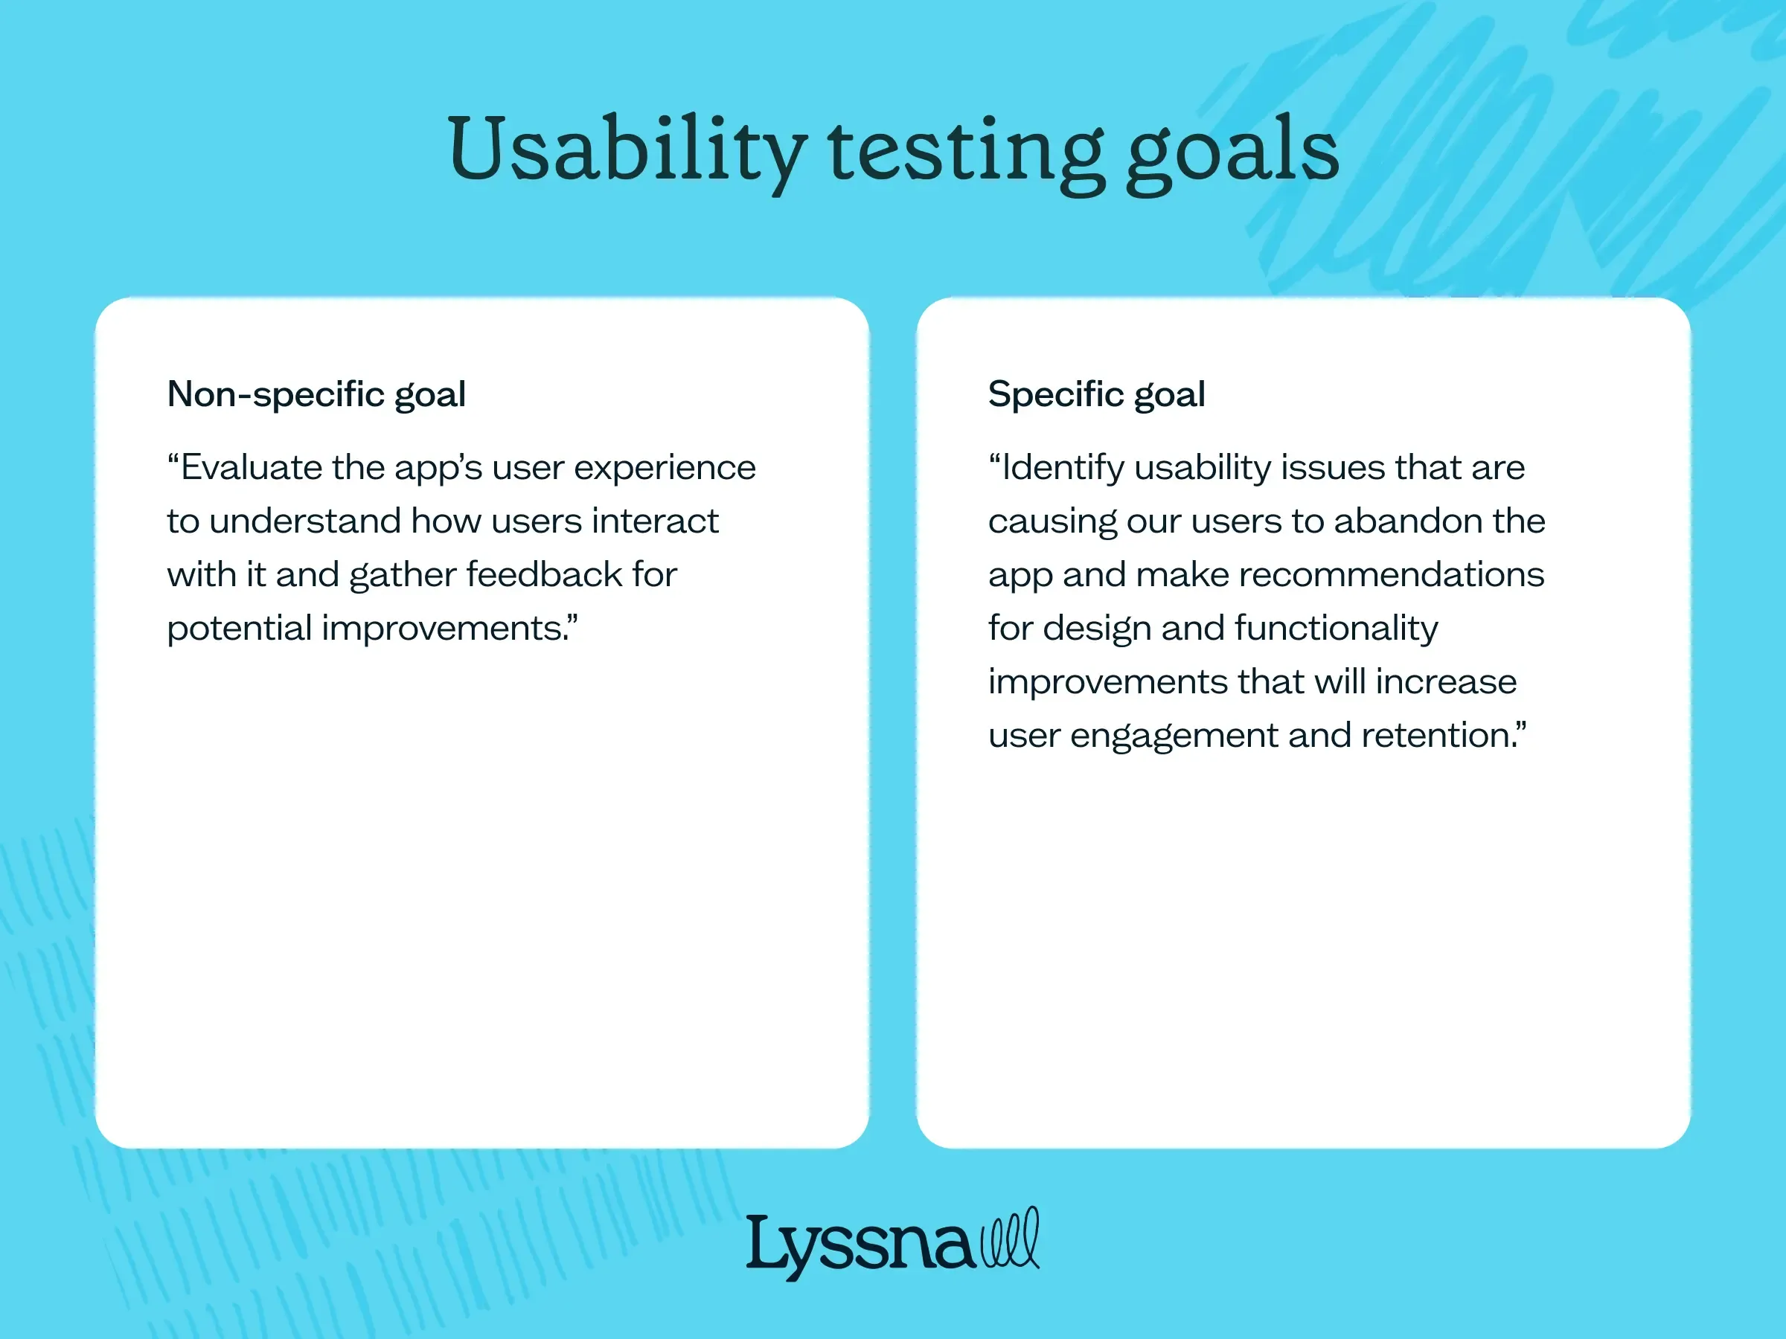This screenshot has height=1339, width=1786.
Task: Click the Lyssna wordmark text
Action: (x=860, y=1245)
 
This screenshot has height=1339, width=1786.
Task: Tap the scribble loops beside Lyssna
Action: (x=1009, y=1239)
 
